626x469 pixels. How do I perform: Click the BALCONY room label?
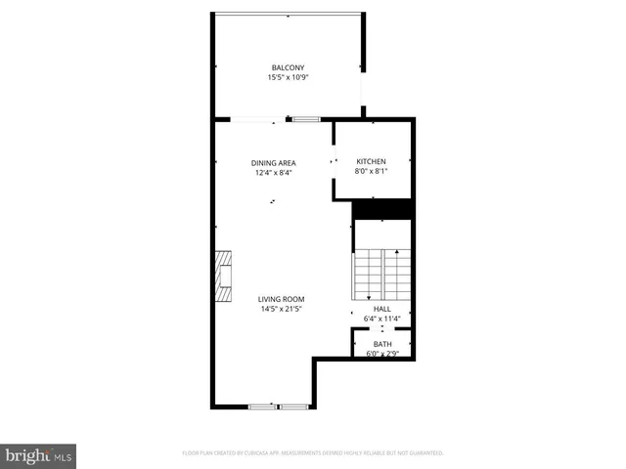288,67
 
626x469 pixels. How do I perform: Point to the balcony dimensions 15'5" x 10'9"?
288,77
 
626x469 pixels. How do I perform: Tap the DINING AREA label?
273,163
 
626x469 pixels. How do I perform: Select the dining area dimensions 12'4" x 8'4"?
273,173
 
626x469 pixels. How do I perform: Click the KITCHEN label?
371,161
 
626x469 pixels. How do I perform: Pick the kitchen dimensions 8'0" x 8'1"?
371,171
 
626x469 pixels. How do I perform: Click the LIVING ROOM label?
282,299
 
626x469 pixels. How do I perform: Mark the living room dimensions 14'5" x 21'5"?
282,309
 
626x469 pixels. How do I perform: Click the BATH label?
382,344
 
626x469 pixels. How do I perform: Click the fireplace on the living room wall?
225,276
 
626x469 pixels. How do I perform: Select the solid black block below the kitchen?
382,209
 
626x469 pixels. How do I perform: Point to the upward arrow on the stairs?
397,254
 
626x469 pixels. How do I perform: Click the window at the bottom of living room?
278,405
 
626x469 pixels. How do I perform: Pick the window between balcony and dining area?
305,119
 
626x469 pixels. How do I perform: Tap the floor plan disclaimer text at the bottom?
313,453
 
